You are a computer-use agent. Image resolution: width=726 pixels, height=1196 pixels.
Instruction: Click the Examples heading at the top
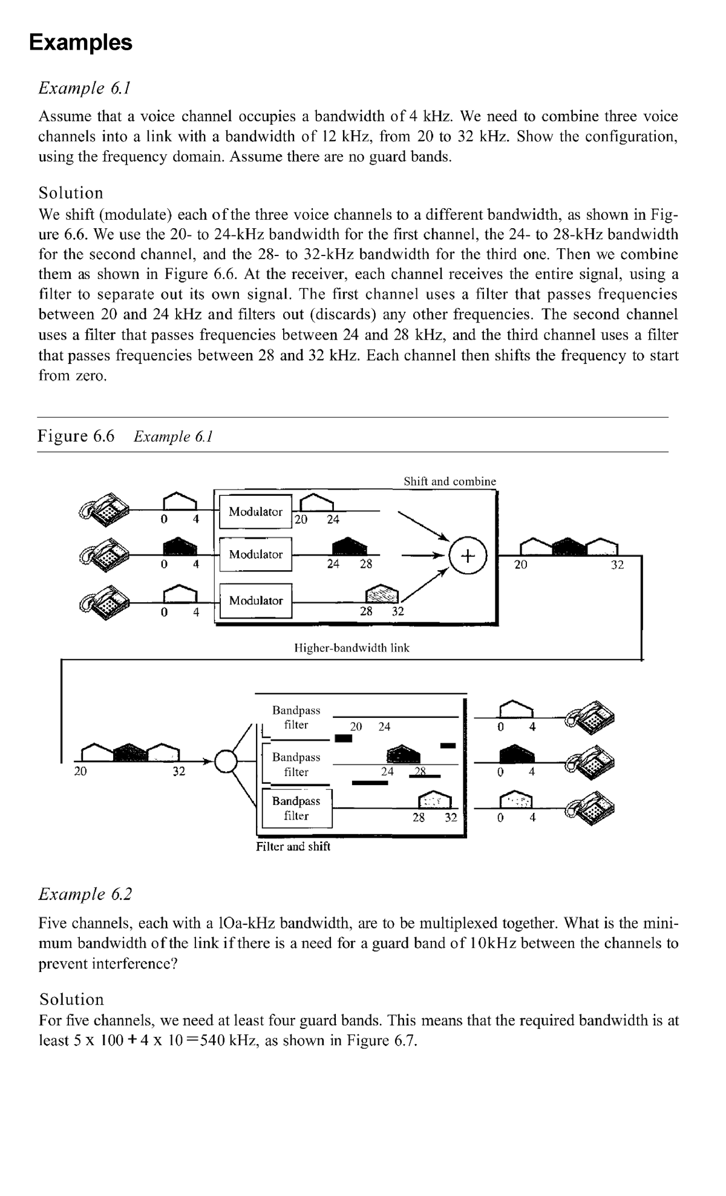point(80,42)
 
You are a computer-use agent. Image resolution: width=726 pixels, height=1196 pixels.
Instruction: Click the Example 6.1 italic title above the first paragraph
point(85,88)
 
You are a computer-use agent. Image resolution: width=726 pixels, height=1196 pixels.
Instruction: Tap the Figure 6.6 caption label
point(76,436)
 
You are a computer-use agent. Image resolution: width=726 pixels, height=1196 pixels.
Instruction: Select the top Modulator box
point(255,512)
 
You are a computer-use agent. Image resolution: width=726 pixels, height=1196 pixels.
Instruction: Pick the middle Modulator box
point(255,554)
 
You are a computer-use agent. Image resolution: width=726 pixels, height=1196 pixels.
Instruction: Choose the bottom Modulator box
point(255,600)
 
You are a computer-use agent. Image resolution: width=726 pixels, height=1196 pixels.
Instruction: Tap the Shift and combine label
point(450,481)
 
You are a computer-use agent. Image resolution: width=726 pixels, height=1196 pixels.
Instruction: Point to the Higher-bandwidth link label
point(351,648)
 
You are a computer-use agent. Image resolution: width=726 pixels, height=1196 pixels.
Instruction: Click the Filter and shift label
point(293,846)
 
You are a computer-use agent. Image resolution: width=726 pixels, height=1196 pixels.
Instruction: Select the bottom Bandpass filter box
point(296,808)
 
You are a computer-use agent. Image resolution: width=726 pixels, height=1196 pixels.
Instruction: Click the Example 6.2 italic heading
point(85,893)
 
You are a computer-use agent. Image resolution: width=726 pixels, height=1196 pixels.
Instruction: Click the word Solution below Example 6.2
point(71,999)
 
